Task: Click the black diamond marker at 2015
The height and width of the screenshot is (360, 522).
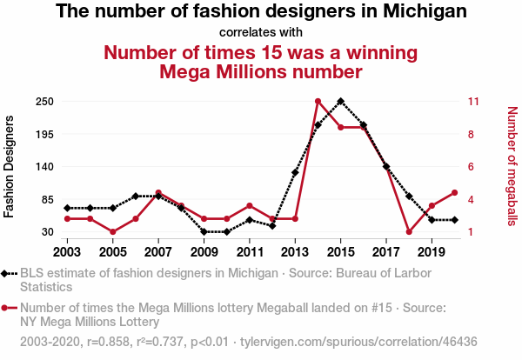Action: click(x=340, y=101)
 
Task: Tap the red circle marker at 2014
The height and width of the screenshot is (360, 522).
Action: click(x=318, y=102)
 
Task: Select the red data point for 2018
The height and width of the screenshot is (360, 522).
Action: click(x=409, y=232)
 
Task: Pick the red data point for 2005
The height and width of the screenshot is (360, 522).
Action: click(x=113, y=232)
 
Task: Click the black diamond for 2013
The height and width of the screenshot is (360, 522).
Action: click(x=295, y=172)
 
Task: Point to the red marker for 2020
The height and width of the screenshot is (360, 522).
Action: click(x=454, y=193)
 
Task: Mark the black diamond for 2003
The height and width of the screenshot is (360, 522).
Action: click(x=68, y=208)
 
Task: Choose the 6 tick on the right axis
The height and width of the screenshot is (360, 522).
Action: click(x=471, y=167)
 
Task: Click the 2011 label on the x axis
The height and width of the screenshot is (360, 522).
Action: click(x=250, y=252)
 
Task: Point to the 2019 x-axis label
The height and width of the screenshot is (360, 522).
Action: click(x=432, y=252)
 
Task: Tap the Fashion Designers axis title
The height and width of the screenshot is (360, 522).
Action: click(x=10, y=165)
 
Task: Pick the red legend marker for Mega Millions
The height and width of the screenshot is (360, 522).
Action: click(x=7, y=307)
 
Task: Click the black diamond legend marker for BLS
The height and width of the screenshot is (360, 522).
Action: click(x=7, y=274)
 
